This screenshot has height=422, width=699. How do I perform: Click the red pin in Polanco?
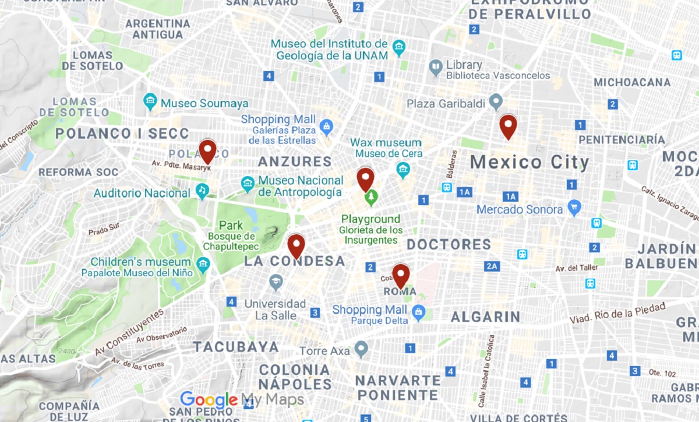pyautogui.click(x=207, y=150)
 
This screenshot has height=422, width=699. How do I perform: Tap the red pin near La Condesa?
pyautogui.click(x=296, y=245)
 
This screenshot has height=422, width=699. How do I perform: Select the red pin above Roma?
pyautogui.click(x=401, y=275)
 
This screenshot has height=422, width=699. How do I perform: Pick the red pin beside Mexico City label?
pyautogui.click(x=509, y=126)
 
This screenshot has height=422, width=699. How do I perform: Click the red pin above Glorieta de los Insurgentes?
pyautogui.click(x=365, y=178)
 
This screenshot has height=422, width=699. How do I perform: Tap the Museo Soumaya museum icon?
pyautogui.click(x=151, y=102)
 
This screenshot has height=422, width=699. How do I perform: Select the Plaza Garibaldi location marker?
pyautogui.click(x=496, y=102)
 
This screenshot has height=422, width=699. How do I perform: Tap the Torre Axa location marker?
pyautogui.click(x=362, y=350)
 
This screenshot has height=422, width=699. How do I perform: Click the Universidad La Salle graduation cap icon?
pyautogui.click(x=276, y=283)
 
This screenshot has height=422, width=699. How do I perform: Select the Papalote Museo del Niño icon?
pyautogui.click(x=203, y=264)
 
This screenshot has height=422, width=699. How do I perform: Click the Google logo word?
pyautogui.click(x=209, y=400)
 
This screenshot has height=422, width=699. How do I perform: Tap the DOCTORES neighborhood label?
pyautogui.click(x=449, y=244)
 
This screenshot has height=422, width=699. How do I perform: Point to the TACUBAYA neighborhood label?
pyautogui.click(x=236, y=347)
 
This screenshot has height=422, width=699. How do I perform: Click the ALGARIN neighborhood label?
pyautogui.click(x=485, y=316)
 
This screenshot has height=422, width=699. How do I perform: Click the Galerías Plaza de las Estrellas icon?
pyautogui.click(x=326, y=125)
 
